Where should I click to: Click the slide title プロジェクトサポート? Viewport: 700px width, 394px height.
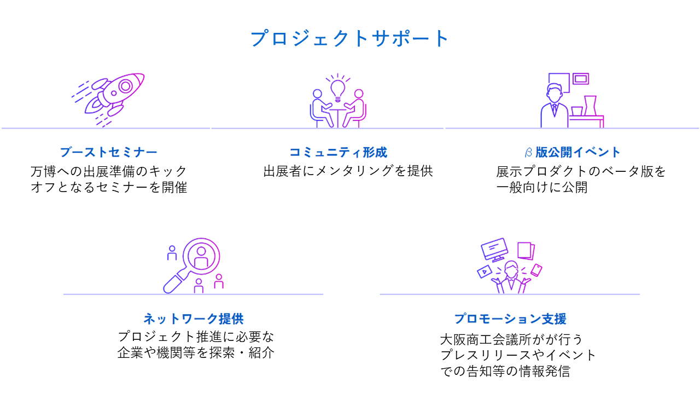(x=350, y=39)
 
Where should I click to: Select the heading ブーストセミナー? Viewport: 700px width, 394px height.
(x=108, y=152)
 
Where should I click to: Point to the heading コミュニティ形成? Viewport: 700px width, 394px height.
(x=338, y=152)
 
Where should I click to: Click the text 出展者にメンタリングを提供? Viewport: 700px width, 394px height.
(x=348, y=171)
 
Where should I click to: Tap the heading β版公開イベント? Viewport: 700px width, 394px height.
(x=571, y=152)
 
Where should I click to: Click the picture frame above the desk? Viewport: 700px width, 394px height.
(x=580, y=80)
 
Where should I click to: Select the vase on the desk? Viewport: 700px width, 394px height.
(x=590, y=106)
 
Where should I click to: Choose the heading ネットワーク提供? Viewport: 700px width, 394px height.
(x=193, y=318)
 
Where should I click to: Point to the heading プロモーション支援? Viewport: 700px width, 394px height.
(x=510, y=318)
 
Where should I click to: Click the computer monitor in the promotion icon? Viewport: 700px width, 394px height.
(x=494, y=250)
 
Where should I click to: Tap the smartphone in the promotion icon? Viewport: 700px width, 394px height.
(x=536, y=270)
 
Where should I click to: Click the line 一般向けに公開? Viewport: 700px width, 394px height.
(x=541, y=187)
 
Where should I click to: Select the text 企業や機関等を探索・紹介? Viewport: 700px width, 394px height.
(x=196, y=353)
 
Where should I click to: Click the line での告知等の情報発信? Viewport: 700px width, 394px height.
(x=505, y=372)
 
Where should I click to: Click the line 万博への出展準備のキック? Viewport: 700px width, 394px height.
(x=109, y=171)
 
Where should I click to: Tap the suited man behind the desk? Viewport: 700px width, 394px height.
(x=554, y=107)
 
